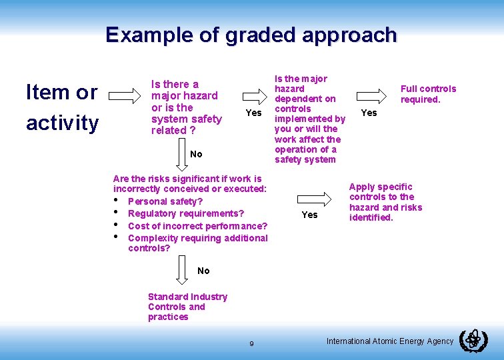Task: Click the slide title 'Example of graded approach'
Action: coord(251,35)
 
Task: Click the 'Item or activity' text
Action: coord(61,107)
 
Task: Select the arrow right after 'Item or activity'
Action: coord(125,96)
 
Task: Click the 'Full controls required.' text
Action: coord(428,94)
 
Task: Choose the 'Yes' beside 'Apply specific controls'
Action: coord(309,215)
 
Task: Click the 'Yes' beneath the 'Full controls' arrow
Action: coord(369,113)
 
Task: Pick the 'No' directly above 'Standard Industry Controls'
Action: coord(203,271)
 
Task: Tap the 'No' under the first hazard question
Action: coord(196,154)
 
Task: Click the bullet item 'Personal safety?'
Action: coord(165,201)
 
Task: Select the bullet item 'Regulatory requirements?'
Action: coord(185,213)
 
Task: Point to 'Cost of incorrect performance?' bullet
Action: coord(197,226)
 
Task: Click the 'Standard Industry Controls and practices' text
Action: coord(187,307)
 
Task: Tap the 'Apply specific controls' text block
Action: coord(385,202)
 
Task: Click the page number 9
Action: coord(251,343)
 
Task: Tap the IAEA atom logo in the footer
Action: coord(473,341)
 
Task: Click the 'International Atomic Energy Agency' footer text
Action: coord(389,341)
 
